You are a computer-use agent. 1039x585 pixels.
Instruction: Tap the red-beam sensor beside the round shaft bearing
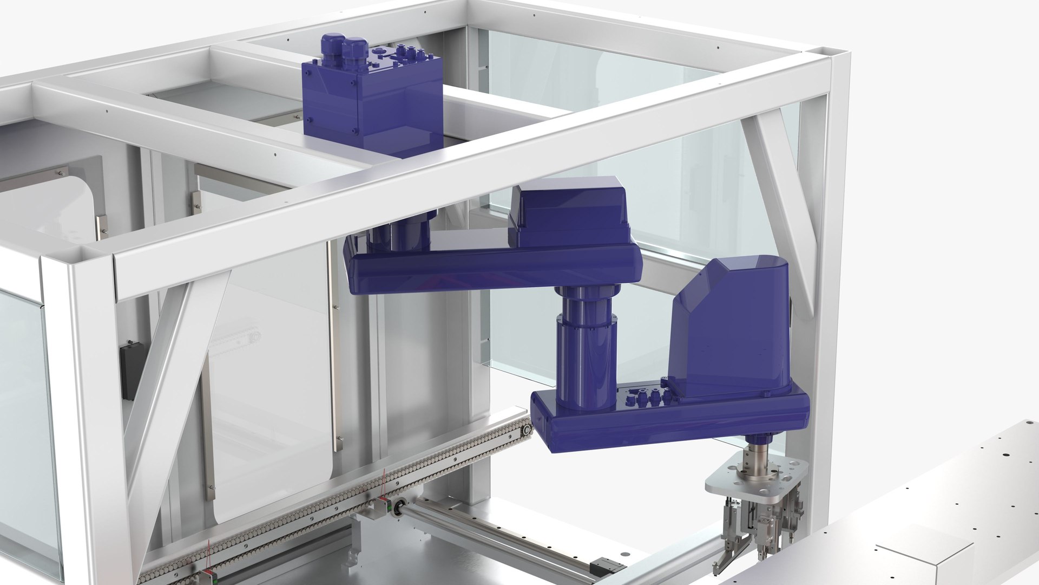[x=385, y=506]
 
